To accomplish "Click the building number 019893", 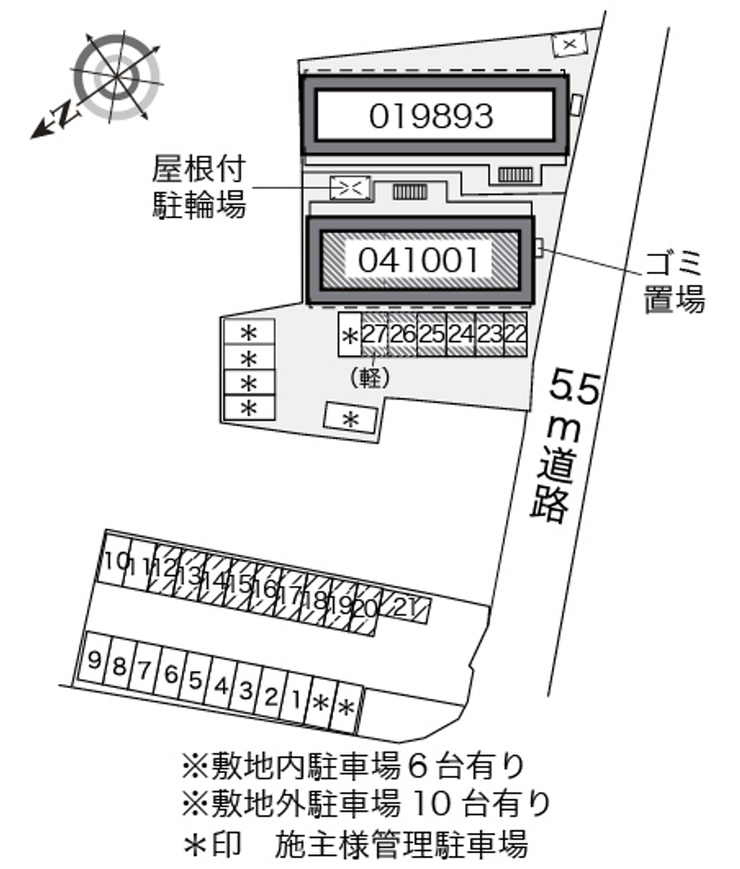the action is pyautogui.click(x=431, y=116).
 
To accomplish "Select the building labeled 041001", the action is pyautogui.click(x=420, y=261).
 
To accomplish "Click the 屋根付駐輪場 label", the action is pyautogui.click(x=199, y=187).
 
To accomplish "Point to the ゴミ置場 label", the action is pyautogui.click(x=674, y=282).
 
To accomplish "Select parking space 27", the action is pyautogui.click(x=375, y=334).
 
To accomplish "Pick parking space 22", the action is pyautogui.click(x=515, y=334).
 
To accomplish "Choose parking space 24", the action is pyautogui.click(x=461, y=334).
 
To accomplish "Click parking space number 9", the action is pyautogui.click(x=94, y=659).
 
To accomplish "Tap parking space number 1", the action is pyautogui.click(x=297, y=700).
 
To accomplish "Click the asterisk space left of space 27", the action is pyautogui.click(x=350, y=334).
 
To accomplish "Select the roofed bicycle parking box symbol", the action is pyautogui.click(x=350, y=188).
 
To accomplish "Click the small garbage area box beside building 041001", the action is pyautogui.click(x=538, y=247).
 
